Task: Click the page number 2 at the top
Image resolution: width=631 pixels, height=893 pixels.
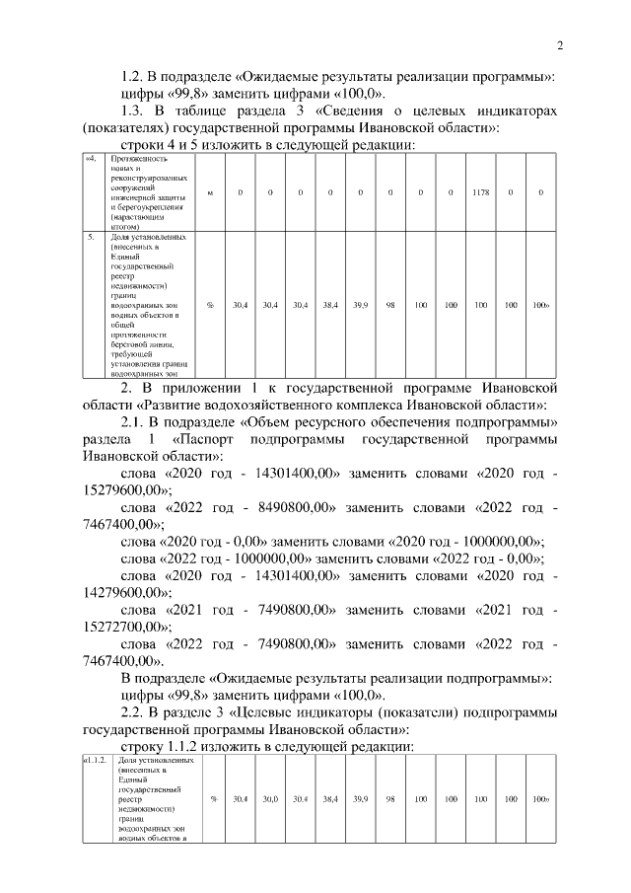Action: pos(559,45)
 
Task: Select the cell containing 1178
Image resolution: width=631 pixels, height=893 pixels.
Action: pos(480,191)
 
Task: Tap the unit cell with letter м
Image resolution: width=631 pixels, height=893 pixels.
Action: pos(210,191)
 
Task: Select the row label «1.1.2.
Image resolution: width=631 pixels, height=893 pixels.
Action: pos(96,761)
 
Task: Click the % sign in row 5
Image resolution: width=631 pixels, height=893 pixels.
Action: pos(210,306)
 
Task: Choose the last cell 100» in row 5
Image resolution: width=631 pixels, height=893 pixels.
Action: pos(540,306)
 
